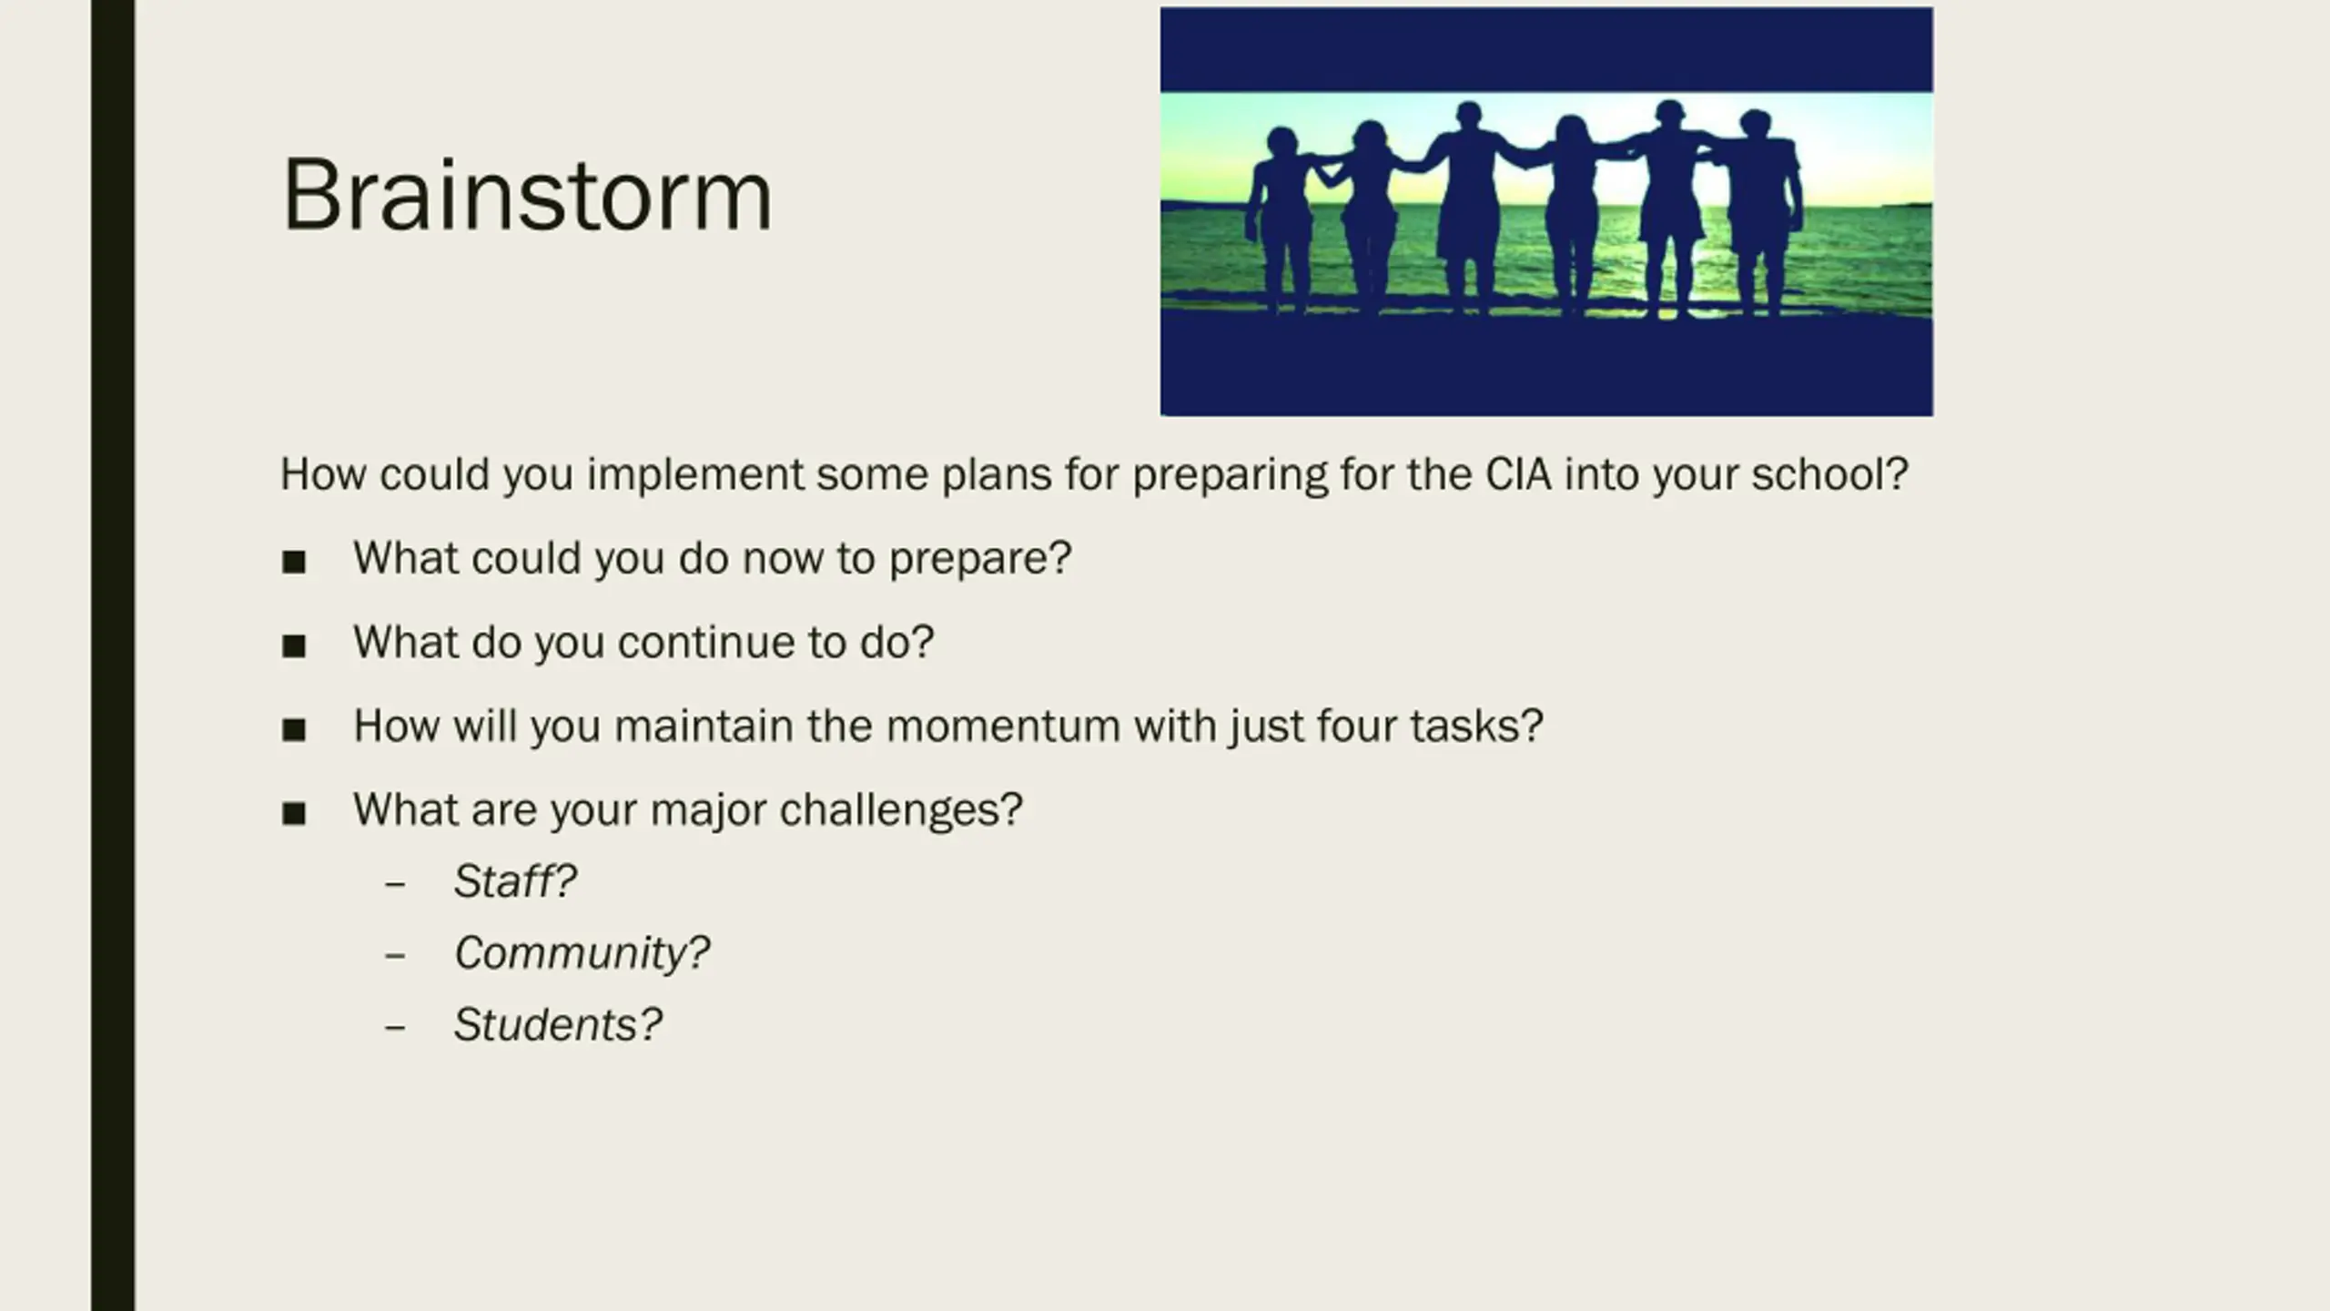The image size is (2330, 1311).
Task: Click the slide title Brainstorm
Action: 527,196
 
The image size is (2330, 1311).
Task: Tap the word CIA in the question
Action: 1518,474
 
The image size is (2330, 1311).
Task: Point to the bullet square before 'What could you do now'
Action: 294,562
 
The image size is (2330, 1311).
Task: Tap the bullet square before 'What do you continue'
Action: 294,646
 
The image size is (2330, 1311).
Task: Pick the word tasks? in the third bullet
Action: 1476,727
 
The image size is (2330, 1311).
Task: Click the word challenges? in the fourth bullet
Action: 901,810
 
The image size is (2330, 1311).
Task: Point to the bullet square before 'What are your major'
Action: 294,813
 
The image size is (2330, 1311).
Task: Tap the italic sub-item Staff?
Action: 515,881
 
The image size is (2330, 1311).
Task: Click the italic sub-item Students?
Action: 558,1025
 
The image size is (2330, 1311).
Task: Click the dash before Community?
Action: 395,955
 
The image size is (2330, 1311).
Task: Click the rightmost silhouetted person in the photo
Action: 1761,214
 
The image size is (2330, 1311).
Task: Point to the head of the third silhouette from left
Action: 1468,117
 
